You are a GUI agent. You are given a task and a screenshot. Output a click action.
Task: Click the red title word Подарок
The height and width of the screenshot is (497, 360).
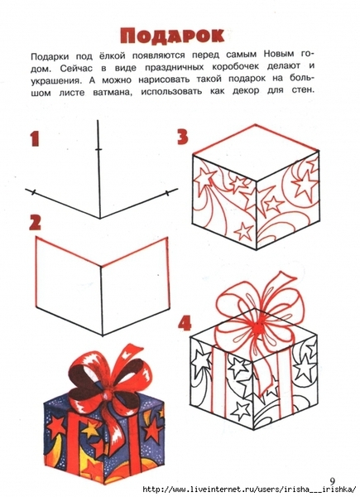click(x=173, y=36)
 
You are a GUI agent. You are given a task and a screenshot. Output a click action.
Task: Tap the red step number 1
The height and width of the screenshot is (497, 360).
click(x=35, y=139)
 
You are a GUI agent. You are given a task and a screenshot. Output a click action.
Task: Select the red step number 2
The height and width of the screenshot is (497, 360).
click(x=35, y=223)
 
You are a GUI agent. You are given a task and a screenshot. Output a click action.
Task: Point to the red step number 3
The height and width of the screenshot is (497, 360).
click(x=183, y=138)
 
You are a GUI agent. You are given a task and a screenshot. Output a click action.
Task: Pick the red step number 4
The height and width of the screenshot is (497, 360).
click(x=185, y=324)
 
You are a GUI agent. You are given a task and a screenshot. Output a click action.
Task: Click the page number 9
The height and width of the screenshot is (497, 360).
click(x=332, y=480)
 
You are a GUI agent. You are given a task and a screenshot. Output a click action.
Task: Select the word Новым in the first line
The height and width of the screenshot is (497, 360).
click(x=278, y=54)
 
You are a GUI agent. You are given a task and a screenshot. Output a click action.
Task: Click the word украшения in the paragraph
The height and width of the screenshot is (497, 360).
click(x=56, y=81)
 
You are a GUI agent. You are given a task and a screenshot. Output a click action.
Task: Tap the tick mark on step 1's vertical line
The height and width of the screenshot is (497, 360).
click(x=99, y=149)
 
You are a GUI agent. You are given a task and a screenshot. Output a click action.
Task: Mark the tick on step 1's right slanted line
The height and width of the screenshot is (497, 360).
click(x=167, y=193)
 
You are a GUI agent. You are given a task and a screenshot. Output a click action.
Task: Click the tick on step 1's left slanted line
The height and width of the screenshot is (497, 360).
click(x=34, y=192)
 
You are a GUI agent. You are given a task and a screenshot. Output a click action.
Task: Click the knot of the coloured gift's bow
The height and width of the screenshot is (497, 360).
click(x=108, y=396)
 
